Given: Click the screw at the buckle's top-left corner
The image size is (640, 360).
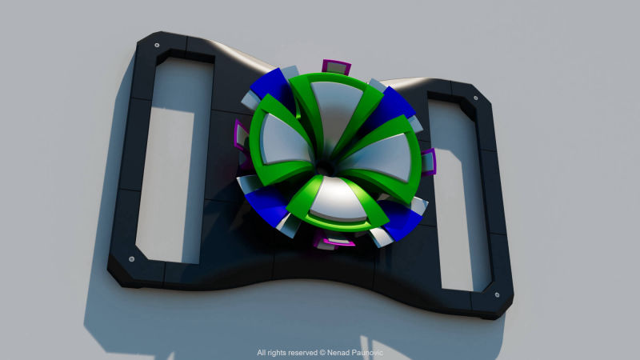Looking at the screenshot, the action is [x=157, y=46].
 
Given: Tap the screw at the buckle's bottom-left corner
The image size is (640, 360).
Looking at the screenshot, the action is [x=131, y=259].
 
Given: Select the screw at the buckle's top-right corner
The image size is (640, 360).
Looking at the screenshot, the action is [x=475, y=98].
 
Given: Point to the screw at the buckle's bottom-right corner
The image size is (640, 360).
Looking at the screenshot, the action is [x=497, y=294].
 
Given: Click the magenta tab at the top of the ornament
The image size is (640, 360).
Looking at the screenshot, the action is [x=336, y=67].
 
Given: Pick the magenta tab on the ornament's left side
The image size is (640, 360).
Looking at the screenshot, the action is [x=241, y=136].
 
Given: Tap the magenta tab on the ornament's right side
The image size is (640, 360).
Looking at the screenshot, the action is [x=428, y=162].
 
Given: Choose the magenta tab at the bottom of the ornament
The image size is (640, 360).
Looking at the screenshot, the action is [x=334, y=242].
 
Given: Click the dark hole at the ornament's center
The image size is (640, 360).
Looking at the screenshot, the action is [x=325, y=167].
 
